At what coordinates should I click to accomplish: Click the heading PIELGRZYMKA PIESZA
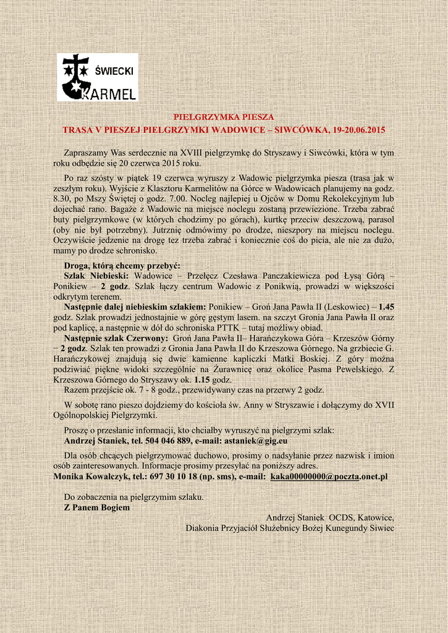click(224, 116)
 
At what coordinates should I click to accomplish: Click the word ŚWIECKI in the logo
click(114, 72)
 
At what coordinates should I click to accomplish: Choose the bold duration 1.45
click(386, 307)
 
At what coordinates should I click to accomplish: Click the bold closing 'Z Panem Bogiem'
click(97, 508)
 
